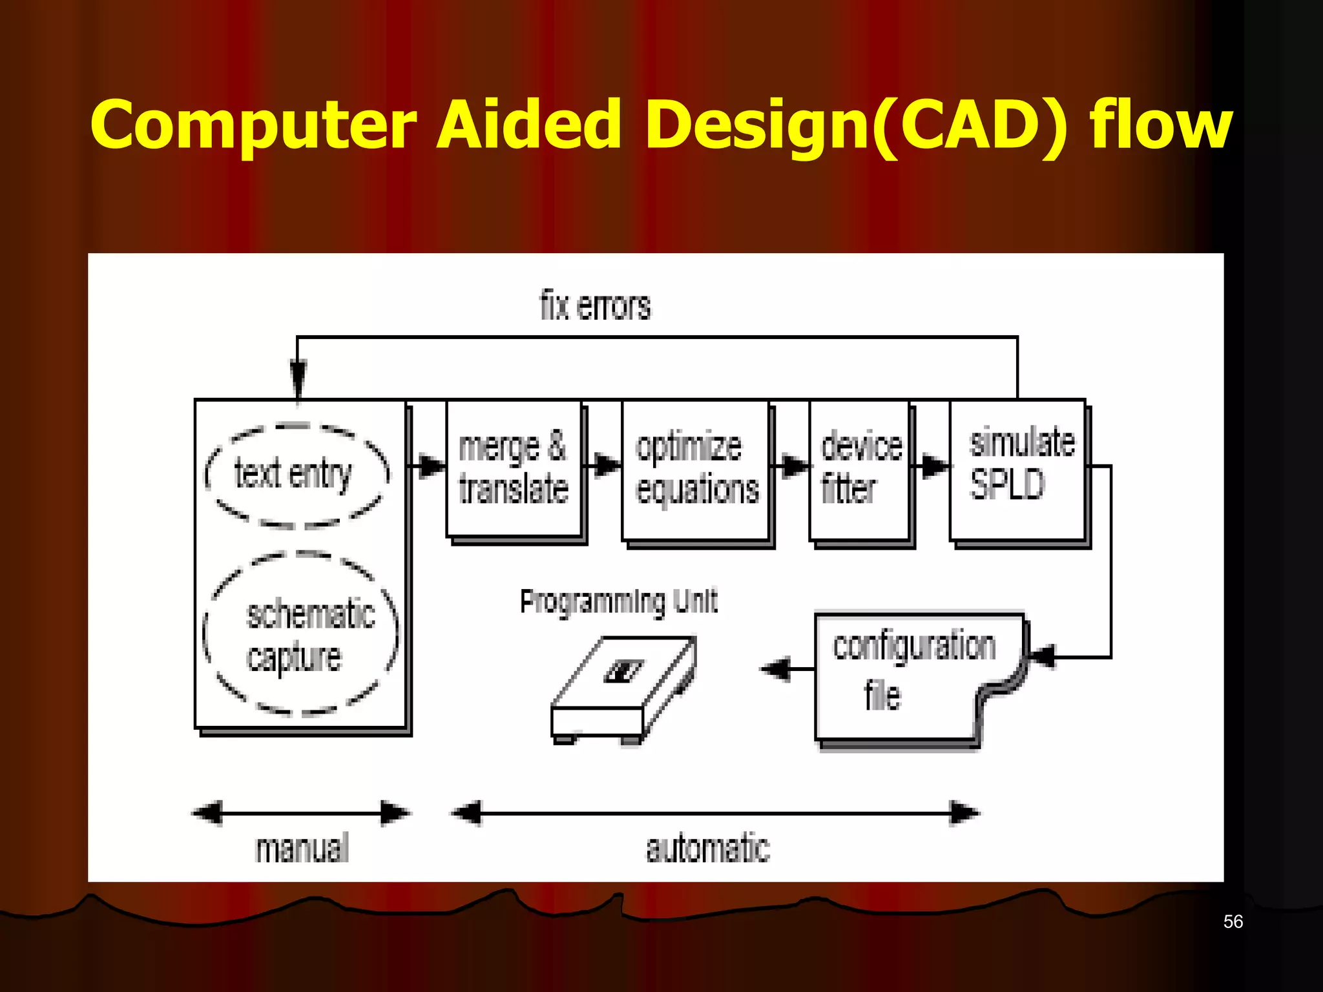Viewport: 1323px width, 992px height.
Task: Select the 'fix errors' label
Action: tap(595, 306)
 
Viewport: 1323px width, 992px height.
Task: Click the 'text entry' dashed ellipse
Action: tap(296, 475)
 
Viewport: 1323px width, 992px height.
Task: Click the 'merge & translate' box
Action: tap(514, 470)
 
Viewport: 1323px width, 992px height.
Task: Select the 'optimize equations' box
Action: tap(696, 470)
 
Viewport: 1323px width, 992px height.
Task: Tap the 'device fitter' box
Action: tap(860, 470)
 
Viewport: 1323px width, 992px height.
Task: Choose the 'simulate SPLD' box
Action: tap(1019, 470)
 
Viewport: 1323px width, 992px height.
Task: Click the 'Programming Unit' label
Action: tap(618, 602)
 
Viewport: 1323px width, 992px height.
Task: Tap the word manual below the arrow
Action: tap(302, 849)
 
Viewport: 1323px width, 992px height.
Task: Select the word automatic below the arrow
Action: tap(708, 849)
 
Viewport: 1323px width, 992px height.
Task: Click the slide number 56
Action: tap(1233, 922)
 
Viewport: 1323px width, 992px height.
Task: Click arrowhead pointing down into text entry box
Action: tap(298, 378)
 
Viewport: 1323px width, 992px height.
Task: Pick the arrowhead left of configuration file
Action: tap(776, 668)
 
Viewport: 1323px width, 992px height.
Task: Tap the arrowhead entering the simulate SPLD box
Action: tap(935, 465)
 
